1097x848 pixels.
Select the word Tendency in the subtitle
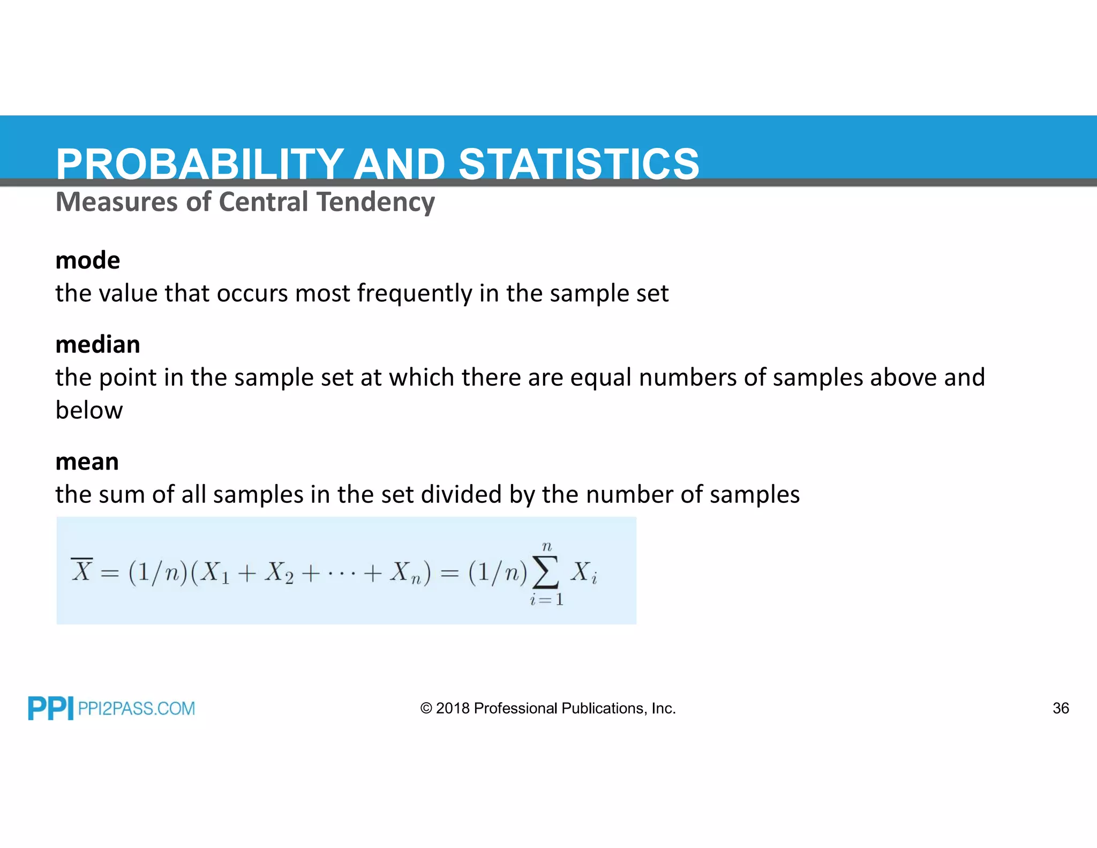(375, 203)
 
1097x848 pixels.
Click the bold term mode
(88, 261)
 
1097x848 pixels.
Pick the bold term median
(98, 345)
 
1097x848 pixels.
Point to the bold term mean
(87, 462)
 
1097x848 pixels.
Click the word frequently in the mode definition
(415, 294)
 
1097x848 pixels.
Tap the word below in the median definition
(89, 411)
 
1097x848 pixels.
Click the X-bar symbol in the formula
(82, 570)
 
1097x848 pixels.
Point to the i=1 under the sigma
(546, 599)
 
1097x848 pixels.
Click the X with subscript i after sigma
(583, 572)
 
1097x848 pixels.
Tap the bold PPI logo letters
(50, 709)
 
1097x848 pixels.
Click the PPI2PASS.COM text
(136, 709)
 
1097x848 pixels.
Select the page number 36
(1061, 709)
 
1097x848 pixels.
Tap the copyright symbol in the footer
(426, 709)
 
